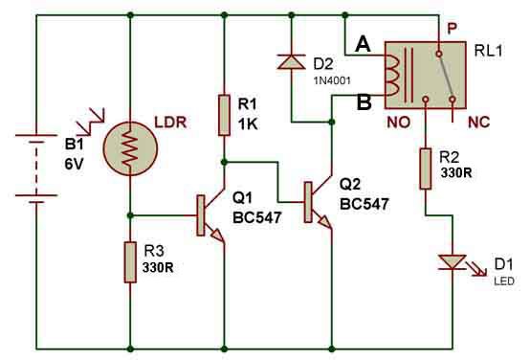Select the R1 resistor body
click(224, 116)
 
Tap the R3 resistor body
click(130, 262)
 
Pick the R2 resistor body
click(425, 169)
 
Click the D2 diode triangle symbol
click(292, 61)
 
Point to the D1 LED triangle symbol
click(453, 262)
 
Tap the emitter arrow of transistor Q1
click(218, 236)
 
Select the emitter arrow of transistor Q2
click(325, 222)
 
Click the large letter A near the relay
click(363, 44)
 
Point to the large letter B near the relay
click(364, 101)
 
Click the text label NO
click(399, 123)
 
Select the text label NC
click(478, 123)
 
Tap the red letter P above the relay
click(452, 29)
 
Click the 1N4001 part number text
click(332, 80)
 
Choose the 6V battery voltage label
click(74, 164)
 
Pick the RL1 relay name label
click(489, 51)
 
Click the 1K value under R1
click(248, 124)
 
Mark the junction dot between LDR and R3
click(130, 215)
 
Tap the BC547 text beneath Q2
click(364, 204)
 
